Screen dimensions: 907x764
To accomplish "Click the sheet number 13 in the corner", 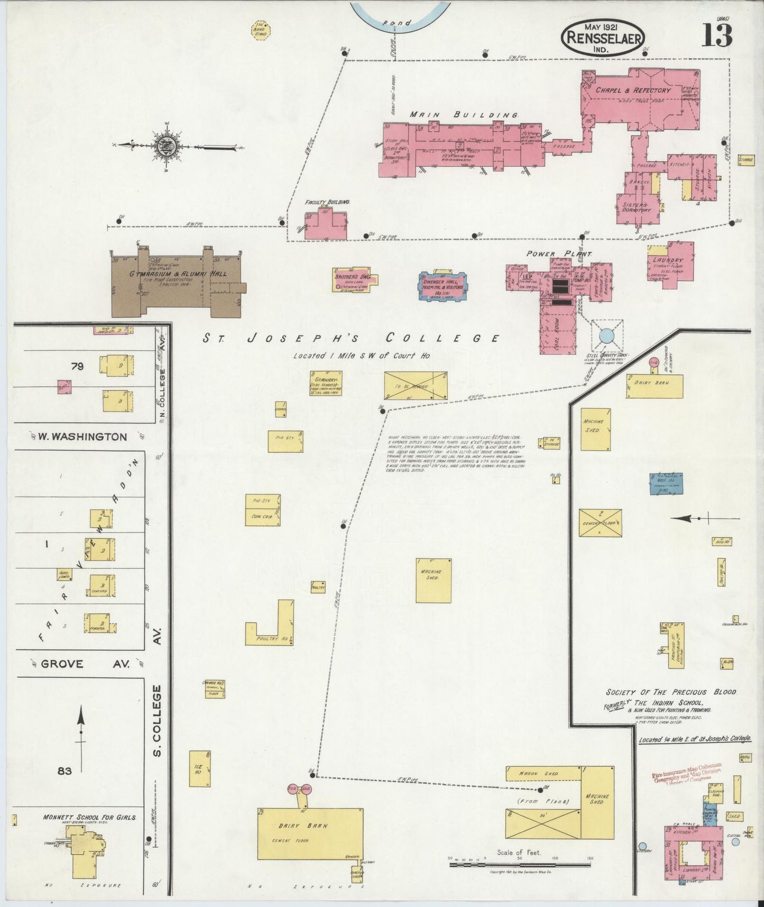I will (717, 35).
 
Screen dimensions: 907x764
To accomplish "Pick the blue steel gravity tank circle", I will (606, 335).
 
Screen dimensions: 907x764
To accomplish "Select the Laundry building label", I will (668, 261).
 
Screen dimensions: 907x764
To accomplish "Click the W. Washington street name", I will (82, 437).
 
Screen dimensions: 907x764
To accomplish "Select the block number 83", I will (65, 771).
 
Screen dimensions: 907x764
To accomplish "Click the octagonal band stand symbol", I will (260, 30).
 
